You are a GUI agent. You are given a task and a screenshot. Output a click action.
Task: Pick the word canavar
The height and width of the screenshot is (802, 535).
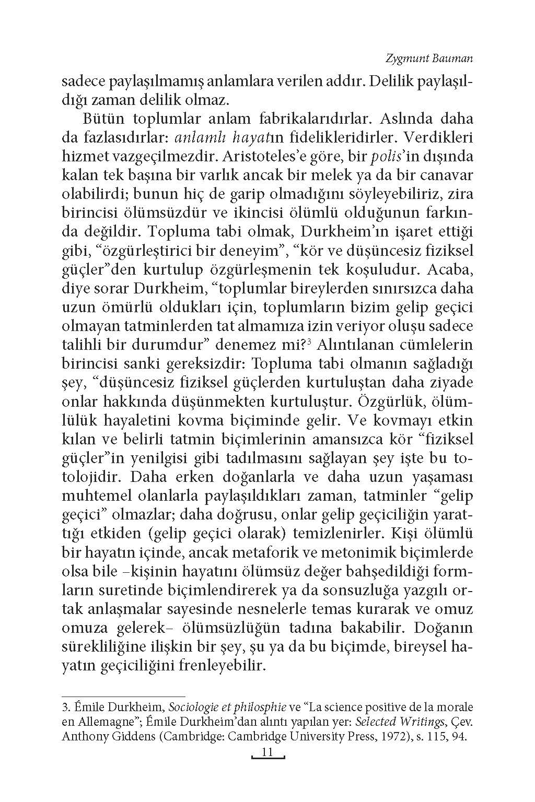click(x=446, y=175)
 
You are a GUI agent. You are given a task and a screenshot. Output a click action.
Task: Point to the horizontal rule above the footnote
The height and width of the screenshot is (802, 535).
click(x=123, y=696)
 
